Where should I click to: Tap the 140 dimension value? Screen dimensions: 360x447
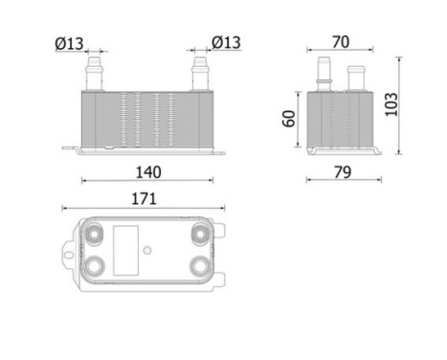[146, 171]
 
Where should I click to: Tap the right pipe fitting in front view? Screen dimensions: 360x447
[201, 72]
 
